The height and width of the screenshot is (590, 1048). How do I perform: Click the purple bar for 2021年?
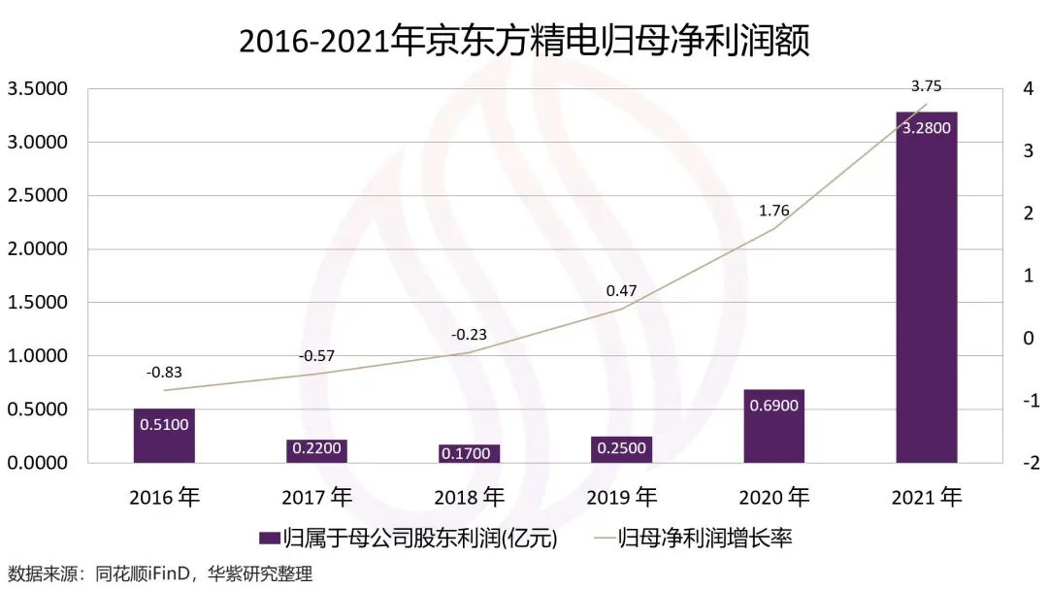pyautogui.click(x=926, y=291)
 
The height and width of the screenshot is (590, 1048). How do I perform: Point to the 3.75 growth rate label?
pyautogui.click(x=926, y=86)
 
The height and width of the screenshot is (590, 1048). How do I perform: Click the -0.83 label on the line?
pyautogui.click(x=164, y=372)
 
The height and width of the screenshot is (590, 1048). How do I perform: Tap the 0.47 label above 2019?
pyautogui.click(x=621, y=290)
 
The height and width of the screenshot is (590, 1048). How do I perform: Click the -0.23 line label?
pyautogui.click(x=469, y=335)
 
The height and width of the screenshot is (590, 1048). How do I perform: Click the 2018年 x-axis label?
pyautogui.click(x=469, y=498)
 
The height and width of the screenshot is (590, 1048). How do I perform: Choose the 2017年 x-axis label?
pyautogui.click(x=316, y=498)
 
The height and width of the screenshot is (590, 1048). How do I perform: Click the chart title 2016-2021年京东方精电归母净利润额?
pyautogui.click(x=524, y=41)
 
